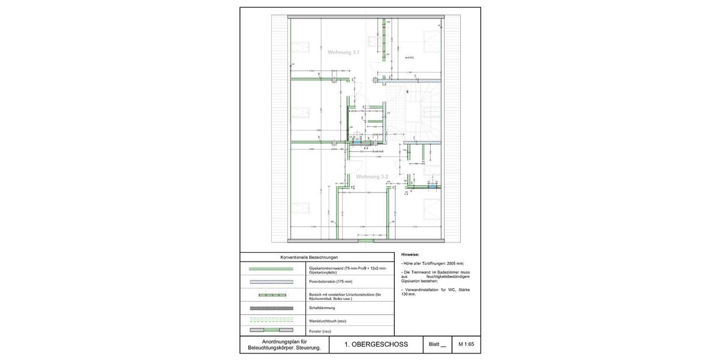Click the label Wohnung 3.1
[343, 53]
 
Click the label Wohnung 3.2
[372, 177]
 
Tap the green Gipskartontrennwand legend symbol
[271, 269]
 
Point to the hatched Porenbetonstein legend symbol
[271, 281]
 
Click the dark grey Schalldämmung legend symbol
[271, 308]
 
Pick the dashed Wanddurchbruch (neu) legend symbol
[271, 320]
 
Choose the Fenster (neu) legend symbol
[271, 331]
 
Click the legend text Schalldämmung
[322, 308]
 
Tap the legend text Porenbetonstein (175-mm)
[330, 281]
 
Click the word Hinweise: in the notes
[410, 255]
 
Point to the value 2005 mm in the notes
[459, 263]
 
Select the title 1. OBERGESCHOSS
[376, 344]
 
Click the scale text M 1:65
[466, 344]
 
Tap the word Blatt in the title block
[434, 344]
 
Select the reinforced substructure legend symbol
[271, 295]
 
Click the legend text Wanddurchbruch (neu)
[327, 321]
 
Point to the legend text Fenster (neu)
[320, 331]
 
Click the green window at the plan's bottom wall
[365, 241]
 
